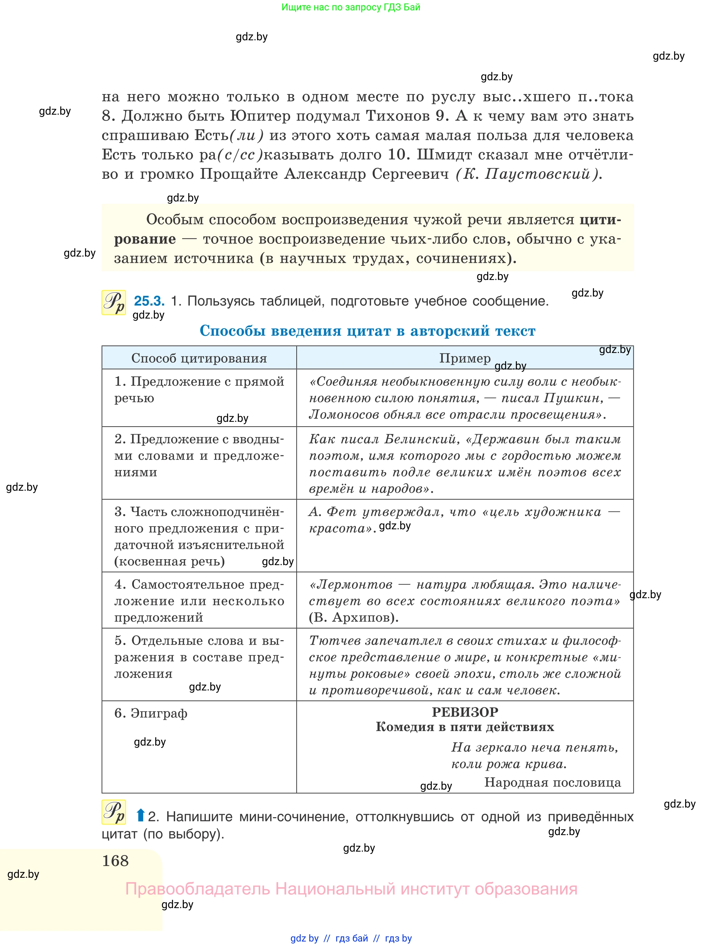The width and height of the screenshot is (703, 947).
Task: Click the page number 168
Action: (x=115, y=861)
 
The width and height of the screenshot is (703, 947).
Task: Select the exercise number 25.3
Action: (x=149, y=301)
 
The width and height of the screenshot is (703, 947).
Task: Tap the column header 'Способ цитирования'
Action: (x=199, y=358)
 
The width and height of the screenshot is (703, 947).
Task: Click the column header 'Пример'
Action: (x=465, y=358)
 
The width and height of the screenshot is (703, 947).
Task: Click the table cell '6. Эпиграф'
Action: (x=151, y=713)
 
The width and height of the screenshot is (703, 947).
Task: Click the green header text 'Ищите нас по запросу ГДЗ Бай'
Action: (x=351, y=7)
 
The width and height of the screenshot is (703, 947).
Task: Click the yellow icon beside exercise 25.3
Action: (x=114, y=302)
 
